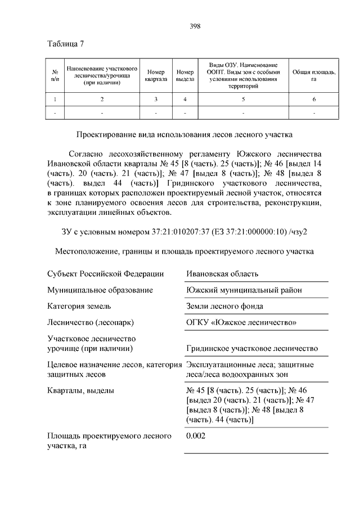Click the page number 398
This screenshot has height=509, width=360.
[x=195, y=26]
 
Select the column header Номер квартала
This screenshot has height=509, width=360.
[x=155, y=75]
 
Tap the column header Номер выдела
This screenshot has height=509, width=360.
[x=184, y=75]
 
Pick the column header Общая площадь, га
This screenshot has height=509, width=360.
[x=314, y=75]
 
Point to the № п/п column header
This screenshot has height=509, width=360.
[x=55, y=75]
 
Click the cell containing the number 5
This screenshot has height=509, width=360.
[x=244, y=100]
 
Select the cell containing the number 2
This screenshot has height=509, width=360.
[x=102, y=100]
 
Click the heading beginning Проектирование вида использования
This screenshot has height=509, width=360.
[x=184, y=134]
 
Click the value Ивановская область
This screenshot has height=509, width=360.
[x=222, y=274]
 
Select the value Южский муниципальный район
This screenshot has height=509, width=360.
[x=244, y=290]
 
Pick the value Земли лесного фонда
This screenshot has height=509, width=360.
[x=224, y=307]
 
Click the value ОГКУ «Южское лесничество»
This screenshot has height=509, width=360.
[x=241, y=323]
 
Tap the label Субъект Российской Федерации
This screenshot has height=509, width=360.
[x=105, y=274]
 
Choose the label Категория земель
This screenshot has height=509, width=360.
[x=79, y=307]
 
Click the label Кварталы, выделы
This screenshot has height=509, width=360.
[x=81, y=390]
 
